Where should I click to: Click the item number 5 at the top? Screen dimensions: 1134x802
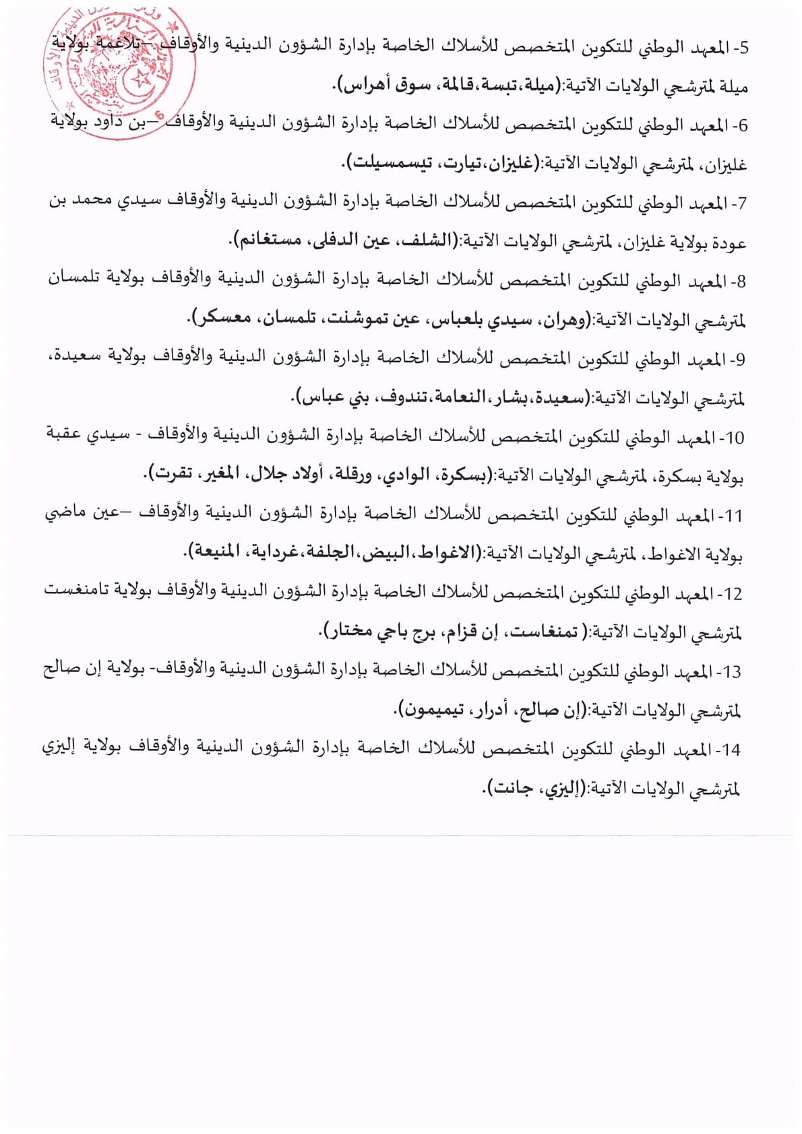(x=743, y=48)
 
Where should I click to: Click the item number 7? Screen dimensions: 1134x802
(x=743, y=203)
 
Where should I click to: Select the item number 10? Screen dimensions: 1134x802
(x=735, y=438)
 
